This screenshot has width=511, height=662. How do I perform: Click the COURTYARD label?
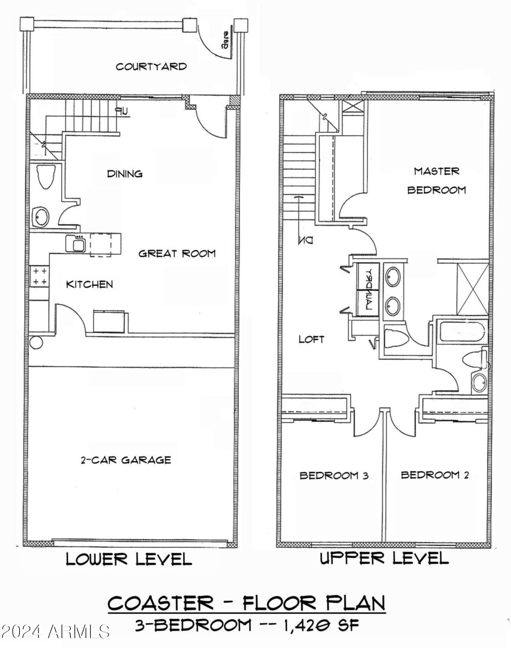pyautogui.click(x=151, y=67)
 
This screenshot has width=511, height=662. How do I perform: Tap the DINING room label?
pyautogui.click(x=125, y=174)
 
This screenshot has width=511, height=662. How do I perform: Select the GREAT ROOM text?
pyautogui.click(x=177, y=254)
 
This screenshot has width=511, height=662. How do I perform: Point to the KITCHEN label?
pyautogui.click(x=90, y=284)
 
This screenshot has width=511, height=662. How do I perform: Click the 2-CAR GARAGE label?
pyautogui.click(x=126, y=460)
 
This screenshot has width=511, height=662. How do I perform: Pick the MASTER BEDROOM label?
pyautogui.click(x=436, y=181)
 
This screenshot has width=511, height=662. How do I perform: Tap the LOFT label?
pyautogui.click(x=311, y=339)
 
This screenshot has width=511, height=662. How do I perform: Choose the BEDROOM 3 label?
pyautogui.click(x=334, y=476)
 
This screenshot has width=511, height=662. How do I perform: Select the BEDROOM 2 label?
pyautogui.click(x=435, y=475)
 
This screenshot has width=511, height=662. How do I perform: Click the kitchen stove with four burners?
pyautogui.click(x=39, y=276)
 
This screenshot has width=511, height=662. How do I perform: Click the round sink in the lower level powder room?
pyautogui.click(x=41, y=217)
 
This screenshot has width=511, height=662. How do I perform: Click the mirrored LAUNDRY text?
pyautogui.click(x=368, y=289)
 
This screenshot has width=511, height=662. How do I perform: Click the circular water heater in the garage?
pyautogui.click(x=36, y=343)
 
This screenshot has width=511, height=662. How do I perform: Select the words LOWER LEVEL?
pyautogui.click(x=129, y=559)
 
